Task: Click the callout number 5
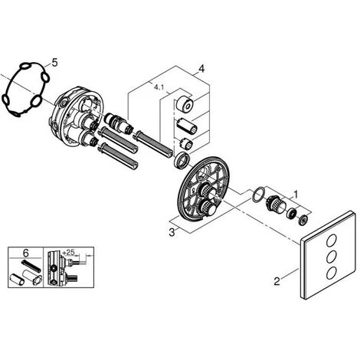click(x=54, y=63)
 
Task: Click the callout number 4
click(x=201, y=69)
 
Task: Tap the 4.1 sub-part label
click(x=159, y=87)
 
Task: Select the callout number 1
click(x=296, y=195)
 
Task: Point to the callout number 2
click(x=277, y=282)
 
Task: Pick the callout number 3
click(x=172, y=233)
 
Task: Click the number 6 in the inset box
click(x=25, y=254)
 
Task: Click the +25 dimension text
click(x=68, y=253)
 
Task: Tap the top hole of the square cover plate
click(x=332, y=241)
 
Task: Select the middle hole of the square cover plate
click(x=332, y=256)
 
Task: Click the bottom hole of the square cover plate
click(x=332, y=272)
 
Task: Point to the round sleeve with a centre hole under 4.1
click(x=185, y=103)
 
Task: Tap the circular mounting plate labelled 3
click(x=204, y=189)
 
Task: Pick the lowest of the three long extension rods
click(x=118, y=155)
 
